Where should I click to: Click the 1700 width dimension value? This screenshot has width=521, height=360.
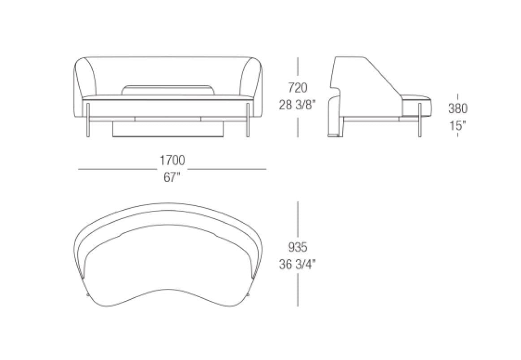pyautogui.click(x=172, y=160)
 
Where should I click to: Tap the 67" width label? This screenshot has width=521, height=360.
pyautogui.click(x=172, y=177)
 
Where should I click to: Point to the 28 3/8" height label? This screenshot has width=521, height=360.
pyautogui.click(x=298, y=105)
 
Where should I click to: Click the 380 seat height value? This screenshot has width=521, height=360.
pyautogui.click(x=457, y=108)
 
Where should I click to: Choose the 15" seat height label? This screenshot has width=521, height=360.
pyautogui.click(x=457, y=126)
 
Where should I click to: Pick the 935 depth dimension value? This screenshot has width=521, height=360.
pyautogui.click(x=298, y=247)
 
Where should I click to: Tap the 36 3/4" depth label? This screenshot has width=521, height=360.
pyautogui.click(x=298, y=264)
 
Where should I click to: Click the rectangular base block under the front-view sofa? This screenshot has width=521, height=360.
pyautogui.click(x=168, y=130)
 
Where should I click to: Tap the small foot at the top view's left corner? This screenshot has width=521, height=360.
pyautogui.click(x=87, y=295)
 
